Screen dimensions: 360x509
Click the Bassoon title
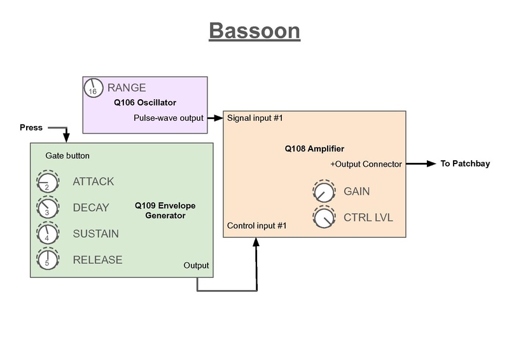(x=254, y=31)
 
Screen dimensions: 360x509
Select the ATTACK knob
(x=46, y=182)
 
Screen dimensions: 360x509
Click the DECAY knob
(x=46, y=208)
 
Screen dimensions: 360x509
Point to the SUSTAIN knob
(x=46, y=234)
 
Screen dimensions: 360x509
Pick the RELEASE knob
(x=46, y=260)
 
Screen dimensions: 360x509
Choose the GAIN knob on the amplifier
(x=323, y=191)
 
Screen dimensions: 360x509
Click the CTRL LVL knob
(x=323, y=218)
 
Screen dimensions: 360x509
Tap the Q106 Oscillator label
(x=145, y=102)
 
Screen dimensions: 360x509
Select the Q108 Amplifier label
(x=314, y=149)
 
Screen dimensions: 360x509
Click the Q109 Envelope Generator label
(x=165, y=211)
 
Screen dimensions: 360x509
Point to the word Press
(x=31, y=127)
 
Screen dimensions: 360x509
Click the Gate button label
(x=67, y=155)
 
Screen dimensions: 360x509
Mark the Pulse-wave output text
(x=169, y=118)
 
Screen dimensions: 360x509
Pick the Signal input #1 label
(x=254, y=118)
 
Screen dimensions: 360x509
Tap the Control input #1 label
(x=257, y=226)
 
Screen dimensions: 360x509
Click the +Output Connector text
(x=366, y=164)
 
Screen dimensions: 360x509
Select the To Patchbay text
(x=465, y=164)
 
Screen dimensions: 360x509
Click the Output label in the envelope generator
(x=196, y=265)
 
